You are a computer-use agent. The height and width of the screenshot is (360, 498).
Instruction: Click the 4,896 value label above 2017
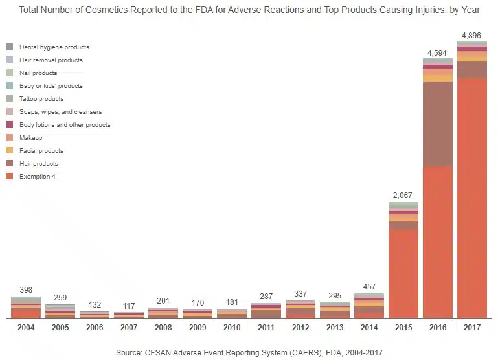(x=471, y=36)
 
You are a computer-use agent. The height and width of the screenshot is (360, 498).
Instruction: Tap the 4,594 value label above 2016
(x=437, y=52)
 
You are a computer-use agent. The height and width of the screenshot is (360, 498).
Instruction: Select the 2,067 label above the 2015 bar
(x=403, y=196)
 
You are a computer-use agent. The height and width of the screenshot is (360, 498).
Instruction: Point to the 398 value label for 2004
(x=26, y=290)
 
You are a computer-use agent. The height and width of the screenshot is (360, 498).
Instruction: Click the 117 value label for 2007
(x=129, y=306)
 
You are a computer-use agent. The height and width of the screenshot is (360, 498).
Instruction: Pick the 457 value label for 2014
(x=368, y=287)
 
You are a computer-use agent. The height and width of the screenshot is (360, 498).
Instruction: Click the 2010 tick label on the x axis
(x=232, y=328)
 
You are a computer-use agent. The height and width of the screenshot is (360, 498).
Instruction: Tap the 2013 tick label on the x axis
(x=334, y=328)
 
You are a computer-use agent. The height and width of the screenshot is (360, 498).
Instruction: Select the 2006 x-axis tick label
(x=95, y=328)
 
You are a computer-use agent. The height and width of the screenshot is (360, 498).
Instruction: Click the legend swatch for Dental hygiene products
(x=10, y=47)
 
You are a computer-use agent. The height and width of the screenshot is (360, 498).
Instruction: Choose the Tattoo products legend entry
(x=41, y=99)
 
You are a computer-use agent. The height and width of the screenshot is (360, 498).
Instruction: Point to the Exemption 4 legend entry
(x=37, y=177)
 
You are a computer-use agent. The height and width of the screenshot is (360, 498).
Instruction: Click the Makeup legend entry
(x=31, y=138)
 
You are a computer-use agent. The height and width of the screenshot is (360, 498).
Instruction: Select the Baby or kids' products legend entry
(x=51, y=86)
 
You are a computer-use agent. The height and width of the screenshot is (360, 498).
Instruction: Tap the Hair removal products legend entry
(x=51, y=60)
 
